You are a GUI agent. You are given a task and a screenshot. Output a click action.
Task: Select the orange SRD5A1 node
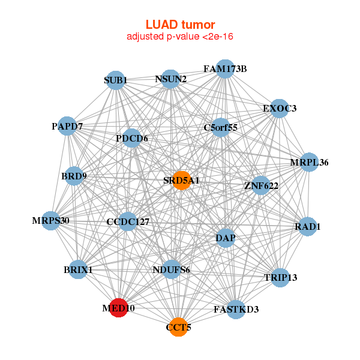point(182,181)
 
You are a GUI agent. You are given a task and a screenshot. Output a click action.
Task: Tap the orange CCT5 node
point(178,327)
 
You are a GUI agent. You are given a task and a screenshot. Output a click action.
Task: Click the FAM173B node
point(225,69)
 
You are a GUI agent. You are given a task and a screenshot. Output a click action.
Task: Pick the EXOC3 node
point(279,109)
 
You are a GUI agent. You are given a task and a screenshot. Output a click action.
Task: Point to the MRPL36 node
point(309,163)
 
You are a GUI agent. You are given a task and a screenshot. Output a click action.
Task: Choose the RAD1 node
point(307,227)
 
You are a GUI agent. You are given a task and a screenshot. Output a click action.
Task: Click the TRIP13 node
point(280,277)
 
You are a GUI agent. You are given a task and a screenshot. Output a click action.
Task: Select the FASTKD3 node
point(236,310)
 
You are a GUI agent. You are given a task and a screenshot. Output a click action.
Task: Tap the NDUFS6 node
point(172,269)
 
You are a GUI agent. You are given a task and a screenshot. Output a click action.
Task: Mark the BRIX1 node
point(78,269)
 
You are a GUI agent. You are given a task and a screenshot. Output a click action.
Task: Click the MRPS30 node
point(52,220)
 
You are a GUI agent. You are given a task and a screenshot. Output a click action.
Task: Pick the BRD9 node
point(73,176)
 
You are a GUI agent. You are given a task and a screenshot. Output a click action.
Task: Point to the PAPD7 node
point(67,126)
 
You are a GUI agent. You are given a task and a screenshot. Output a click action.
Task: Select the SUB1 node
point(115,80)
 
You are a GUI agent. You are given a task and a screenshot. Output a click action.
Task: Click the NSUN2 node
point(170,79)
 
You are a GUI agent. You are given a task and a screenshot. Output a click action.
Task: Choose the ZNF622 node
point(260,185)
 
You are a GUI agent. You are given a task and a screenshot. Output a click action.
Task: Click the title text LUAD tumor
point(180,25)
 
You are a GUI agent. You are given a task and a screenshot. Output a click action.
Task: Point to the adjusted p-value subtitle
point(180,37)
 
